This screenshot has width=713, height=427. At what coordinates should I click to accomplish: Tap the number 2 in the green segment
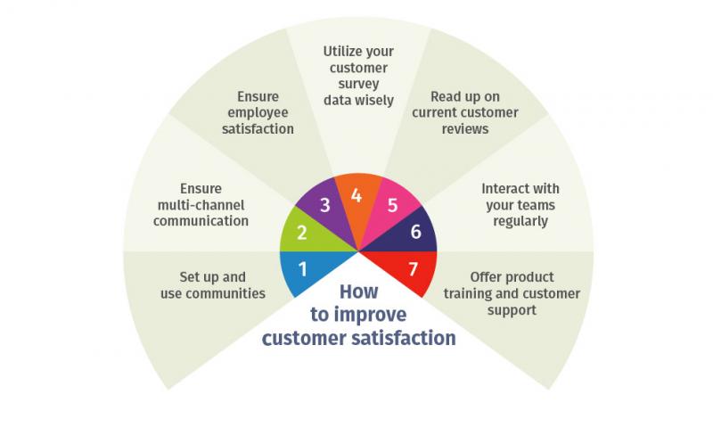click(x=301, y=233)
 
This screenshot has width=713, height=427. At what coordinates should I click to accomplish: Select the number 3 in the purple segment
click(x=325, y=205)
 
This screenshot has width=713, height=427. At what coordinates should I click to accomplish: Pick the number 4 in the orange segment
click(x=356, y=194)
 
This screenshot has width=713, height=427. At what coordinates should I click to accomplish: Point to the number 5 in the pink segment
click(x=389, y=205)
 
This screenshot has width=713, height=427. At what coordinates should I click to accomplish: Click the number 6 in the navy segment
click(x=414, y=232)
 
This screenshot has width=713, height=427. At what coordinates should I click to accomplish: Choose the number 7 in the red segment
click(x=413, y=268)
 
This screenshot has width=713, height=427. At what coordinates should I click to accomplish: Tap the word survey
click(x=357, y=84)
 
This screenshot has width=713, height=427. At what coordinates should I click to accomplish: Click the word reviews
click(x=464, y=128)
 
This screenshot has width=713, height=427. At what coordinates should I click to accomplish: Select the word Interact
click(x=504, y=189)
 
